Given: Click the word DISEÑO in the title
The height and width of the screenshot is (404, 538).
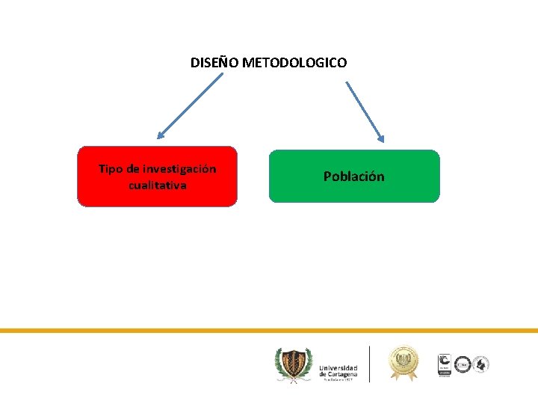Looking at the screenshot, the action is pyautogui.click(x=214, y=63).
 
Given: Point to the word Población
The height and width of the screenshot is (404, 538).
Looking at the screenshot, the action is pyautogui.click(x=354, y=177).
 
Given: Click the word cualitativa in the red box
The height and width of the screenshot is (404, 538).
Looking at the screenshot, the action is pyautogui.click(x=157, y=185).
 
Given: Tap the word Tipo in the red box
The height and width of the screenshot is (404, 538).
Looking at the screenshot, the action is pyautogui.click(x=110, y=169).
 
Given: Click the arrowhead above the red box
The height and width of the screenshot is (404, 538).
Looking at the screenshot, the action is pyautogui.click(x=161, y=136).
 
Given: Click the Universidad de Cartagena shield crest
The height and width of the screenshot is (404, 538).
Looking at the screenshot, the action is pyautogui.click(x=291, y=364).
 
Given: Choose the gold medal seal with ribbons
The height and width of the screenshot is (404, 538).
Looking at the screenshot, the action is pyautogui.click(x=403, y=363).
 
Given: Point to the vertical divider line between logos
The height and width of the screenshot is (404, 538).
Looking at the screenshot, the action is pyautogui.click(x=369, y=364).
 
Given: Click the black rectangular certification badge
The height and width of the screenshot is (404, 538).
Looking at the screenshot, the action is pyautogui.click(x=444, y=364).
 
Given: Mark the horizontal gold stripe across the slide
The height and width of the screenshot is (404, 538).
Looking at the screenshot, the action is pyautogui.click(x=269, y=330).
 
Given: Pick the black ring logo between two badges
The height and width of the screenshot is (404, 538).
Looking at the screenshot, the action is pyautogui.click(x=463, y=364).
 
